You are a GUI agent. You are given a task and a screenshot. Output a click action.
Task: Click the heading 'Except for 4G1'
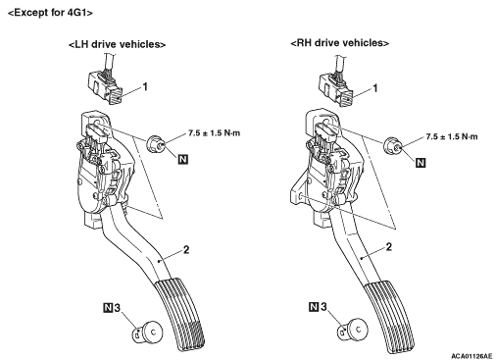50,13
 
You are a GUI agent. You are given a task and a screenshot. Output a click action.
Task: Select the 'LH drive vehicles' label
117,44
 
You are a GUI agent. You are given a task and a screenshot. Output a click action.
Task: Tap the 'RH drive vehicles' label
340,43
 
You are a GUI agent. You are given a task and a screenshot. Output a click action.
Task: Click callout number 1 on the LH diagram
145,86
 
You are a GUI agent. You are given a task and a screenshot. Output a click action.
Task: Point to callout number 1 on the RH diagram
375,88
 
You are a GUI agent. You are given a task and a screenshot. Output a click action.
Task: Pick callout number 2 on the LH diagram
186,250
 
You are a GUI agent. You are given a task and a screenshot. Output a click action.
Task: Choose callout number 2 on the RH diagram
388,246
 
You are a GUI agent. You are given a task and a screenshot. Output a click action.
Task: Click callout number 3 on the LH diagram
117,308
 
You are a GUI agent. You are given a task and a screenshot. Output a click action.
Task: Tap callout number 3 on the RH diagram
323,307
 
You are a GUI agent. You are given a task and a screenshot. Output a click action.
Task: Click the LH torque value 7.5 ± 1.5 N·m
214,133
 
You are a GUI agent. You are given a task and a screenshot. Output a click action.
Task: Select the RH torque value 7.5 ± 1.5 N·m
452,136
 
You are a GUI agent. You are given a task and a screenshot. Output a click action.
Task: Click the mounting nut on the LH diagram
155,143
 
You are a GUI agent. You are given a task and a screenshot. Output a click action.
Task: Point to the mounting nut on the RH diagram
392,146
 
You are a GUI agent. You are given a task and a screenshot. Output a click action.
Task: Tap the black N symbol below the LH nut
183,159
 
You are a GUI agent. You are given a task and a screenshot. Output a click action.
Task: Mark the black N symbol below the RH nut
421,163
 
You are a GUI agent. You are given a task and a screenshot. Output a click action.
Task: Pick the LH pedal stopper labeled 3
147,332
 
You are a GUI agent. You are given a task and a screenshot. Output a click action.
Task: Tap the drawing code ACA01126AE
471,355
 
